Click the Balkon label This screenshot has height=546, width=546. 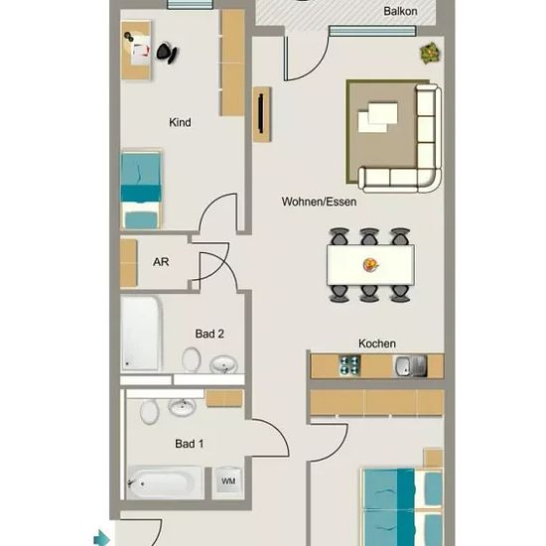click(400, 11)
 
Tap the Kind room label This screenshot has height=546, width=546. click(180, 122)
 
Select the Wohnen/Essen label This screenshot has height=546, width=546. click(319, 202)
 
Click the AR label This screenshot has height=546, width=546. click(161, 261)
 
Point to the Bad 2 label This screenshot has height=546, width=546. click(209, 334)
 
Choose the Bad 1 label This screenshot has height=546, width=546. click(189, 444)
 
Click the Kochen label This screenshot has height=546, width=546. click(377, 343)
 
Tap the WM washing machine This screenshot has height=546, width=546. click(227, 480)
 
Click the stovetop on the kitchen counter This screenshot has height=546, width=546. click(349, 365)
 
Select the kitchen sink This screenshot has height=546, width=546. click(410, 366)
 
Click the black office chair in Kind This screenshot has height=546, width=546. click(167, 53)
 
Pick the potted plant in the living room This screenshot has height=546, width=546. click(431, 54)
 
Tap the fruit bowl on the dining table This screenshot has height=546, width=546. click(370, 265)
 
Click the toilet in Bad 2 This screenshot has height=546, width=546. click(192, 359)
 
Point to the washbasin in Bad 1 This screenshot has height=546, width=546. click(182, 406)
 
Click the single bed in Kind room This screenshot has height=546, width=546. click(141, 190)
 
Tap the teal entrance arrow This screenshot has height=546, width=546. click(101, 538)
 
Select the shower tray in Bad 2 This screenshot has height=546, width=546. click(141, 334)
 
